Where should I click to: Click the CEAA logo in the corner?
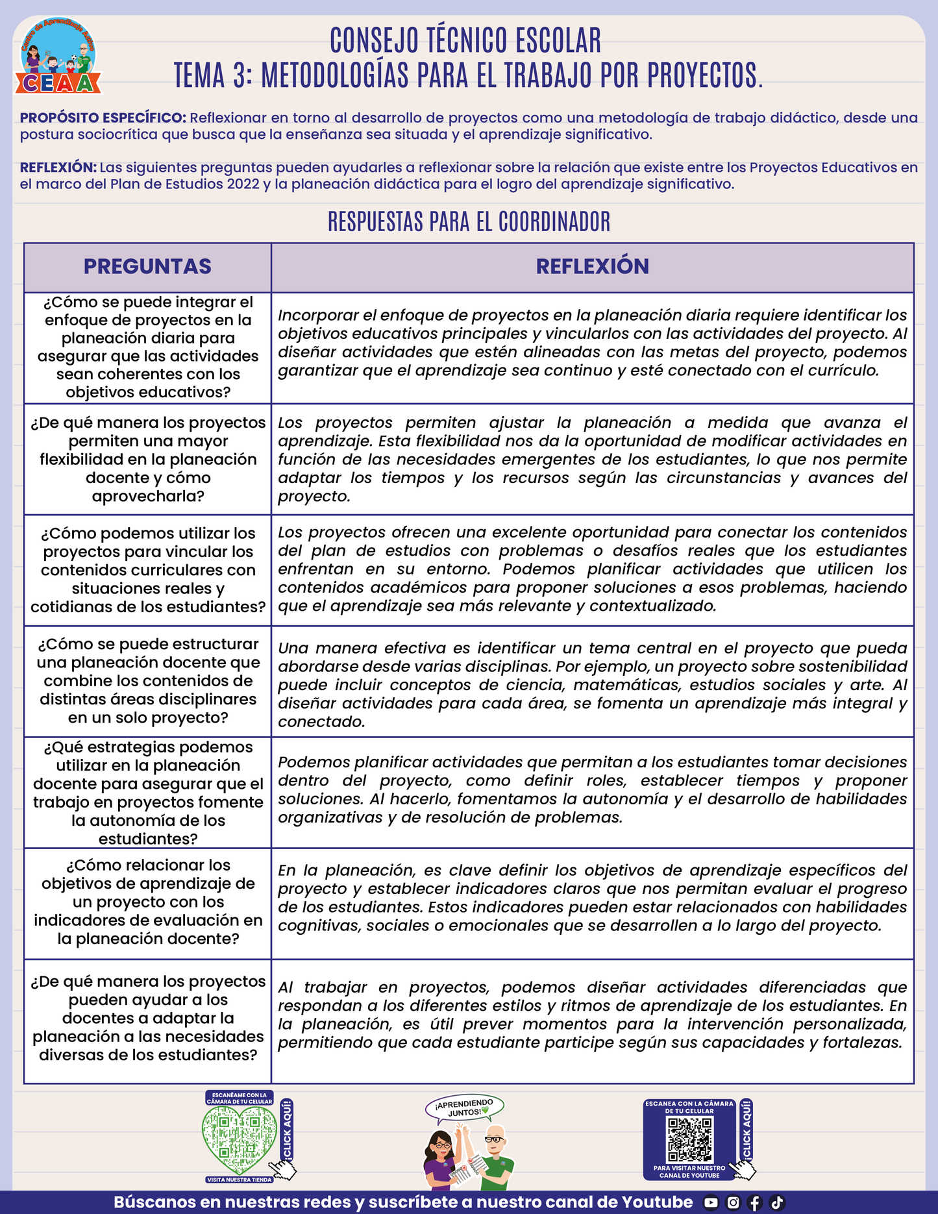pos(58,57)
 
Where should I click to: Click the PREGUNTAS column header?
pos(147,267)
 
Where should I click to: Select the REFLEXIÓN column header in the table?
pos(592,267)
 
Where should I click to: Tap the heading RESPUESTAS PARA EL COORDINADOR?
pos(469,222)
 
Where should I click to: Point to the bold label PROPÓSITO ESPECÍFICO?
pos(103,118)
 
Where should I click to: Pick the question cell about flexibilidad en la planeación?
pos(147,460)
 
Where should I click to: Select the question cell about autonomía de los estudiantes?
pos(147,793)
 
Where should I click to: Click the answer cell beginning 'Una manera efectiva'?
pos(592,684)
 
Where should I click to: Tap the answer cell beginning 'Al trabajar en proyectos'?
pos(592,1015)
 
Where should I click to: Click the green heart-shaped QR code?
pos(239,1140)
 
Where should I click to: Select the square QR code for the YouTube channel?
pos(690,1140)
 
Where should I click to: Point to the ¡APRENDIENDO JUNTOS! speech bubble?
pos(465,1108)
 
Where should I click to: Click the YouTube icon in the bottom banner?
pos(711,1202)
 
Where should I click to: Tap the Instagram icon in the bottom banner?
pos(733,1202)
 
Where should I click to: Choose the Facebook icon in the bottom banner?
pos(755,1202)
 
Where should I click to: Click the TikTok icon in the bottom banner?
pos(777,1202)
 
